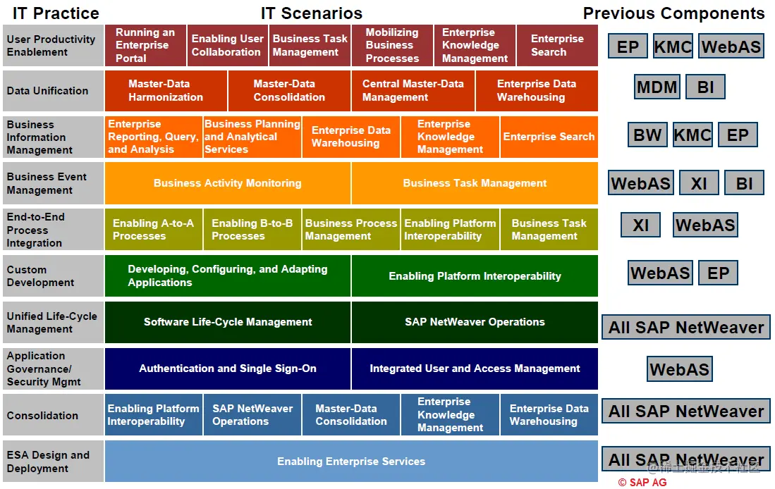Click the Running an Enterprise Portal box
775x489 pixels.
coord(145,45)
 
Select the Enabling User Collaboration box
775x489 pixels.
coord(227,45)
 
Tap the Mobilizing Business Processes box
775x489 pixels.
coord(392,45)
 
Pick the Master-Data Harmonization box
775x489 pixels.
coord(166,90)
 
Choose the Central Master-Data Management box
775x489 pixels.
coord(413,90)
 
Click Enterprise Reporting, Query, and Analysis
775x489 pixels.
coord(153,137)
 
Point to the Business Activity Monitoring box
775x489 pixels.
coord(227,183)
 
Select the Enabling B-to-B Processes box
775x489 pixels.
coord(252,230)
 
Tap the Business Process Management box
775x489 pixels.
coord(350,230)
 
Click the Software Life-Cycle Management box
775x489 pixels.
coord(227,322)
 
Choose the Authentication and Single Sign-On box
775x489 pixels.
coord(227,369)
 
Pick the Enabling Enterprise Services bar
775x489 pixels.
coord(351,462)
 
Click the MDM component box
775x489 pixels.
coord(657,87)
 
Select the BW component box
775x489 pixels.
coord(647,135)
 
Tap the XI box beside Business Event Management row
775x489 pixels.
coord(699,183)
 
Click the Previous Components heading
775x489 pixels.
coord(673,13)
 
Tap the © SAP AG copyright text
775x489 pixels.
coord(642,483)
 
